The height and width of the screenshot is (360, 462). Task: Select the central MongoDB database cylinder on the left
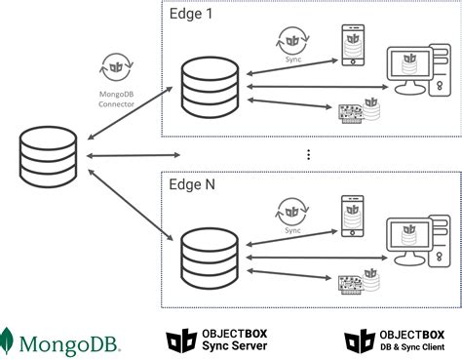click(x=47, y=157)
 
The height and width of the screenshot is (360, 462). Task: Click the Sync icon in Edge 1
click(x=292, y=42)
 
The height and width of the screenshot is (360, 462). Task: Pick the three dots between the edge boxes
click(x=308, y=154)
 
